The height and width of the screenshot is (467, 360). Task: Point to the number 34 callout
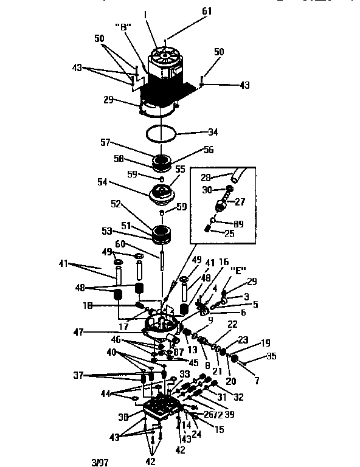pyautogui.click(x=212, y=132)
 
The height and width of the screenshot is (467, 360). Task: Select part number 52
pyautogui.click(x=116, y=204)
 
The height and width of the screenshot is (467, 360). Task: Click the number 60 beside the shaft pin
pyautogui.click(x=120, y=243)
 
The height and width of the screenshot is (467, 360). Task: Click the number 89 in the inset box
pyautogui.click(x=238, y=224)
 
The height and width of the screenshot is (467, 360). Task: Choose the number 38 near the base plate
pyautogui.click(x=123, y=418)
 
